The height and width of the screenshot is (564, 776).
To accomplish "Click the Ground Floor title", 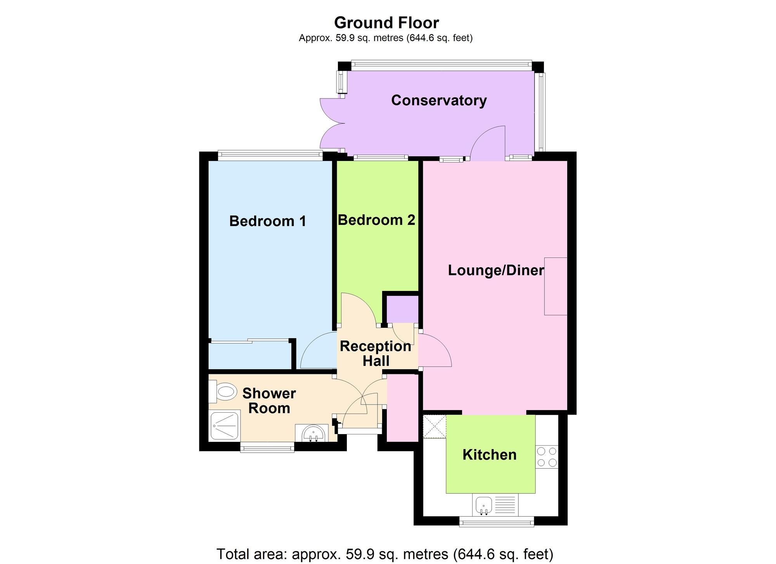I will [x=386, y=23].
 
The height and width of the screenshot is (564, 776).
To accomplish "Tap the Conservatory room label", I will [x=439, y=100].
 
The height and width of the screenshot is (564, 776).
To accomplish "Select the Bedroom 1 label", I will [x=268, y=221].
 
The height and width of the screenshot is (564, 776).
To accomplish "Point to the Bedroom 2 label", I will [x=376, y=220].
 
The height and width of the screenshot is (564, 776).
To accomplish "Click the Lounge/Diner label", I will [x=496, y=270].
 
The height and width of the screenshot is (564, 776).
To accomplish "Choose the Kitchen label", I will [x=490, y=455].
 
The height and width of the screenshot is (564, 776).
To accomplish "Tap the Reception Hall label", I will [x=376, y=353].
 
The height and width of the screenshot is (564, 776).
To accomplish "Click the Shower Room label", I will [x=269, y=401].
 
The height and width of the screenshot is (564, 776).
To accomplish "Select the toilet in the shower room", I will [x=223, y=392].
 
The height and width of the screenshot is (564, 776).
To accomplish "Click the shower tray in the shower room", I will [x=225, y=426].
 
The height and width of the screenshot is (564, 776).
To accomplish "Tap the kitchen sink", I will [x=483, y=505].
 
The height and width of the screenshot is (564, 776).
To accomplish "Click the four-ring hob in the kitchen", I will [x=547, y=457].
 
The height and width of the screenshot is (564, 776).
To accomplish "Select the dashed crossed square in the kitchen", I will [x=435, y=427].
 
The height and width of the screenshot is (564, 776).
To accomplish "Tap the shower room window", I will [x=267, y=448].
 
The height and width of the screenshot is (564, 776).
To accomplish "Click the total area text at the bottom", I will [x=385, y=554].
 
